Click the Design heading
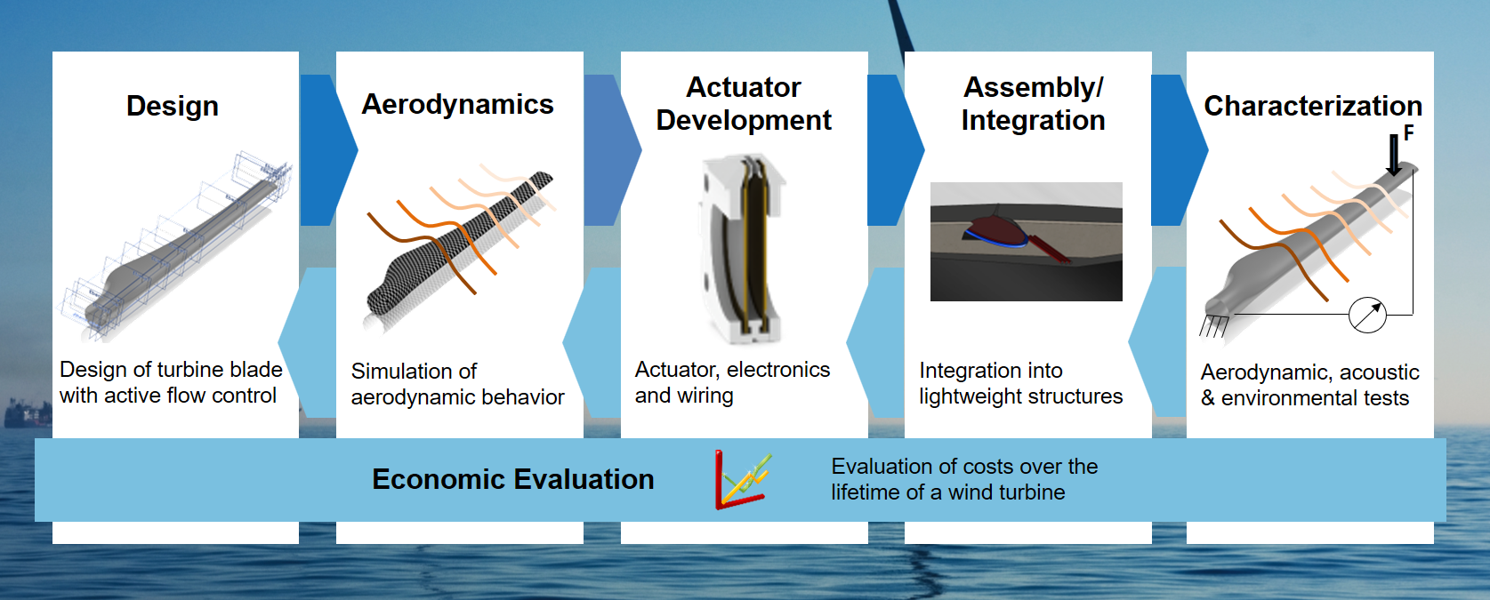tap(173, 107)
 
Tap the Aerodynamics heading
tap(457, 104)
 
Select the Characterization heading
tap(1313, 106)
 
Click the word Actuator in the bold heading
tap(744, 87)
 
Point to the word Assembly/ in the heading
tap(1034, 88)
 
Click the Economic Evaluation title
tap(513, 479)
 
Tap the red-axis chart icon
tap(743, 480)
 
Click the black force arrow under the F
tap(1394, 155)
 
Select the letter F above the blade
tap(1409, 133)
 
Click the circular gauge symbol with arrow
tap(1367, 315)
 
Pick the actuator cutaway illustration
tap(741, 249)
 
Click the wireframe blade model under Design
tap(176, 248)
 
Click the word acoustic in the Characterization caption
tap(1379, 372)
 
